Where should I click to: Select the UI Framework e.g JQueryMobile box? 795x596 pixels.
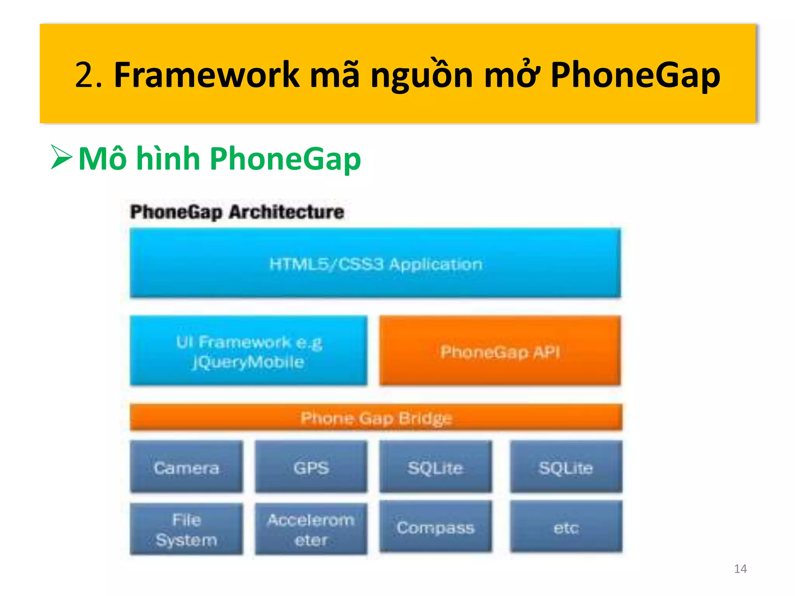click(248, 351)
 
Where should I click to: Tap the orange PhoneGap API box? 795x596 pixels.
click(500, 351)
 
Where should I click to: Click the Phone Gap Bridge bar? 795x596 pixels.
click(376, 418)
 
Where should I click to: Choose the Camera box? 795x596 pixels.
click(186, 467)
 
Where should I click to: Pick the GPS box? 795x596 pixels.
click(311, 467)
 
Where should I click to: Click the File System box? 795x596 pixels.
click(186, 529)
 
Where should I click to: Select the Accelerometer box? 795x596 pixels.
click(311, 529)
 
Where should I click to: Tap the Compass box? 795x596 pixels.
click(436, 527)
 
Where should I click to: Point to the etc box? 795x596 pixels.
click(566, 527)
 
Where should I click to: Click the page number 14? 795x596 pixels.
click(740, 569)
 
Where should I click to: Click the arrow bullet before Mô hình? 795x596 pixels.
click(61, 158)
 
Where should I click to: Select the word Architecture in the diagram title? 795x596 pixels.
click(286, 212)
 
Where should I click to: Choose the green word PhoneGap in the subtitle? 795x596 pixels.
click(285, 159)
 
